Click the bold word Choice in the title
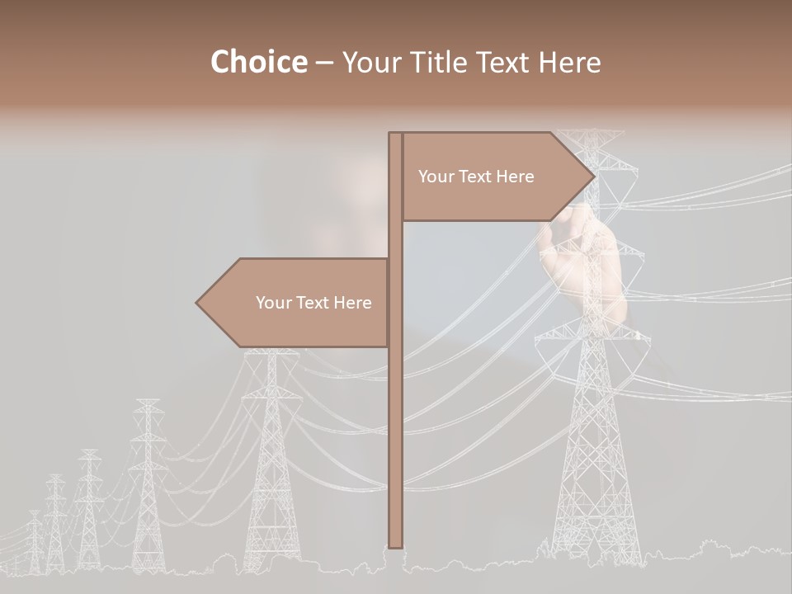click(x=258, y=62)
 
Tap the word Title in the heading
click(x=433, y=62)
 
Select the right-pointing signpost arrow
click(x=495, y=177)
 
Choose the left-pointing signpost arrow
click(x=297, y=303)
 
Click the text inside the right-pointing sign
click(x=476, y=177)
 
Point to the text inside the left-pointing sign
click(x=313, y=303)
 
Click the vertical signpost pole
click(x=396, y=412)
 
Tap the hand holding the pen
click(x=582, y=256)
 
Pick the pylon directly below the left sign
click(x=271, y=462)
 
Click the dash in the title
click(x=324, y=62)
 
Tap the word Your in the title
click(x=370, y=62)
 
